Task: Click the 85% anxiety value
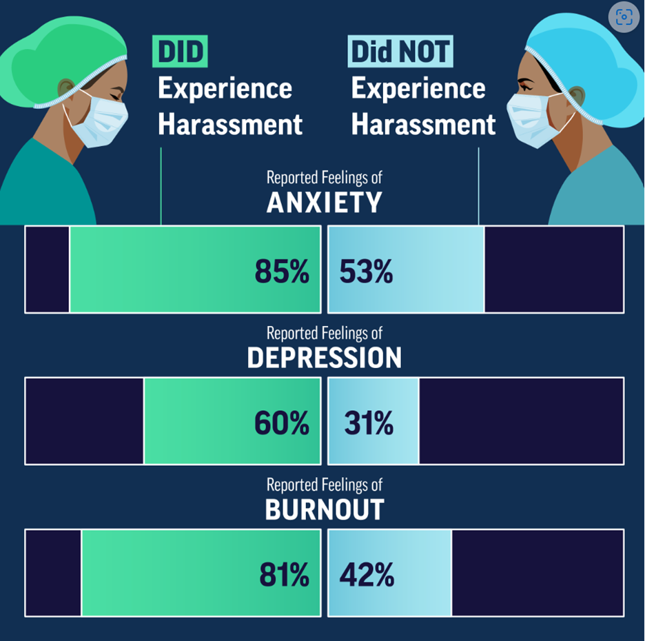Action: pos(282,271)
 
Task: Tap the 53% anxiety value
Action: pos(366,271)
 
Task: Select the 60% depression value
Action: pos(282,423)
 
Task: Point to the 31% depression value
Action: pos(369,423)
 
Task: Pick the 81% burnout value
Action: pos(284,574)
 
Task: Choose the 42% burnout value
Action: pos(367,574)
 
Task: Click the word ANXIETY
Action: pos(324,202)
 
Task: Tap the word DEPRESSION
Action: pos(324,357)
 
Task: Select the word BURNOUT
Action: pos(324,509)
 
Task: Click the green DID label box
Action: pos(180,52)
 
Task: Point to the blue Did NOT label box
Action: pos(400,52)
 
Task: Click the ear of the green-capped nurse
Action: pos(66,88)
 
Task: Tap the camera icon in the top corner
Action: pos(624,17)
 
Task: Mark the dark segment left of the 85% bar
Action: pos(48,269)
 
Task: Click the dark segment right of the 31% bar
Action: pos(521,421)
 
